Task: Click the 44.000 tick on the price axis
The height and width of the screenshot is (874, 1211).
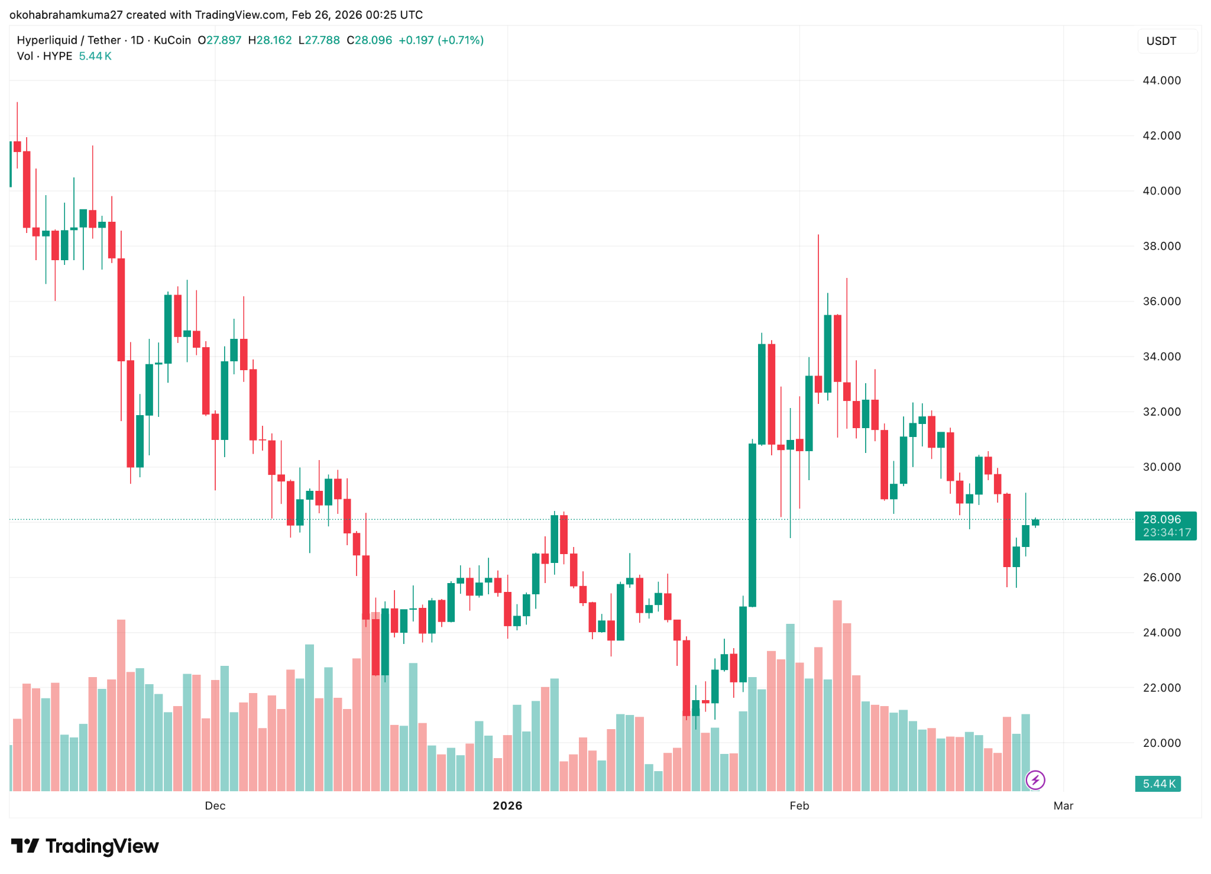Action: click(1161, 80)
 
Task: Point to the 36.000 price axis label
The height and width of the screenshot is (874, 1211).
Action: click(1161, 301)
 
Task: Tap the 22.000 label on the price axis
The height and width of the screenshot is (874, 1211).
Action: click(1161, 688)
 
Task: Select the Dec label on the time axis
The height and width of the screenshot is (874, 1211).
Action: click(215, 805)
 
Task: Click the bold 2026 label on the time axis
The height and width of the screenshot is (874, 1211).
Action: click(507, 805)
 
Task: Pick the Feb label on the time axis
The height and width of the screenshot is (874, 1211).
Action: click(799, 805)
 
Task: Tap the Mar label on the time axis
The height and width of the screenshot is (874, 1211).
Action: click(1063, 805)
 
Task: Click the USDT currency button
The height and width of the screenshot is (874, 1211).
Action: click(1161, 41)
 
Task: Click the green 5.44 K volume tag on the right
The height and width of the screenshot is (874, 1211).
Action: click(1158, 784)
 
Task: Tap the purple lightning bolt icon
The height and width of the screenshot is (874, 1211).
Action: click(1035, 780)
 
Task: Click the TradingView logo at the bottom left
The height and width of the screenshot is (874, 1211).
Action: click(85, 846)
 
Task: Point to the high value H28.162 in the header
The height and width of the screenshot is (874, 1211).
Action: click(270, 40)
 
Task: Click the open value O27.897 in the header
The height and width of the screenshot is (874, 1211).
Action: click(219, 40)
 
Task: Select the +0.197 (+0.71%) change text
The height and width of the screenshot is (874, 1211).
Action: click(441, 40)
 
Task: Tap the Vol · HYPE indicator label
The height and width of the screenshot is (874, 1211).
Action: click(44, 56)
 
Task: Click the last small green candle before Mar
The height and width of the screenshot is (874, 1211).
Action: click(1035, 522)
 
